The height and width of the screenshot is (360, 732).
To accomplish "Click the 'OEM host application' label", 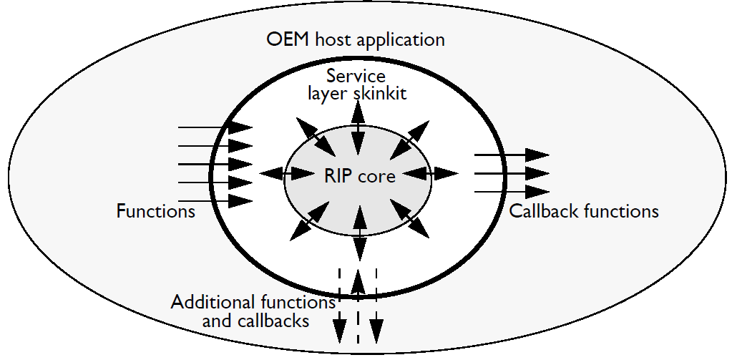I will [355, 38].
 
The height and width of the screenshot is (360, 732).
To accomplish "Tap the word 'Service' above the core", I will [356, 76].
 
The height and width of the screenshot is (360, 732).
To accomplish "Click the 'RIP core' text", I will [358, 175].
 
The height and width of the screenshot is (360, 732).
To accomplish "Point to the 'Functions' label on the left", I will [155, 211].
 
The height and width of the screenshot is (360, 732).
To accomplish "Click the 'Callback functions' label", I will [584, 211].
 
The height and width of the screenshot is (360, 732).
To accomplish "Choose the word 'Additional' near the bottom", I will [213, 302].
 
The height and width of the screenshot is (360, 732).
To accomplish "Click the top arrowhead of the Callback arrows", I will [536, 155].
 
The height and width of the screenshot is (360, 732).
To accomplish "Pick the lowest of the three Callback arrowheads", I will [536, 191].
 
